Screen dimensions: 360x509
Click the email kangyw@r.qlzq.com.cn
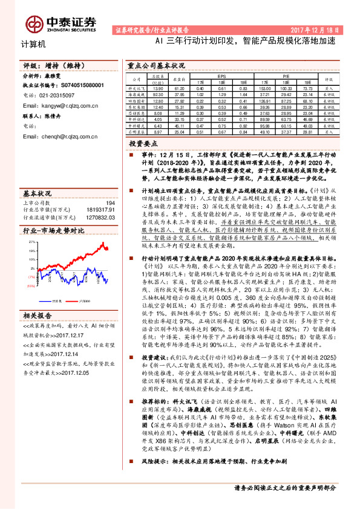point(66,105)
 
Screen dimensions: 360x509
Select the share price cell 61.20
point(179,88)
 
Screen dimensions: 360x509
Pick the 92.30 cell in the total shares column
point(159,94)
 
